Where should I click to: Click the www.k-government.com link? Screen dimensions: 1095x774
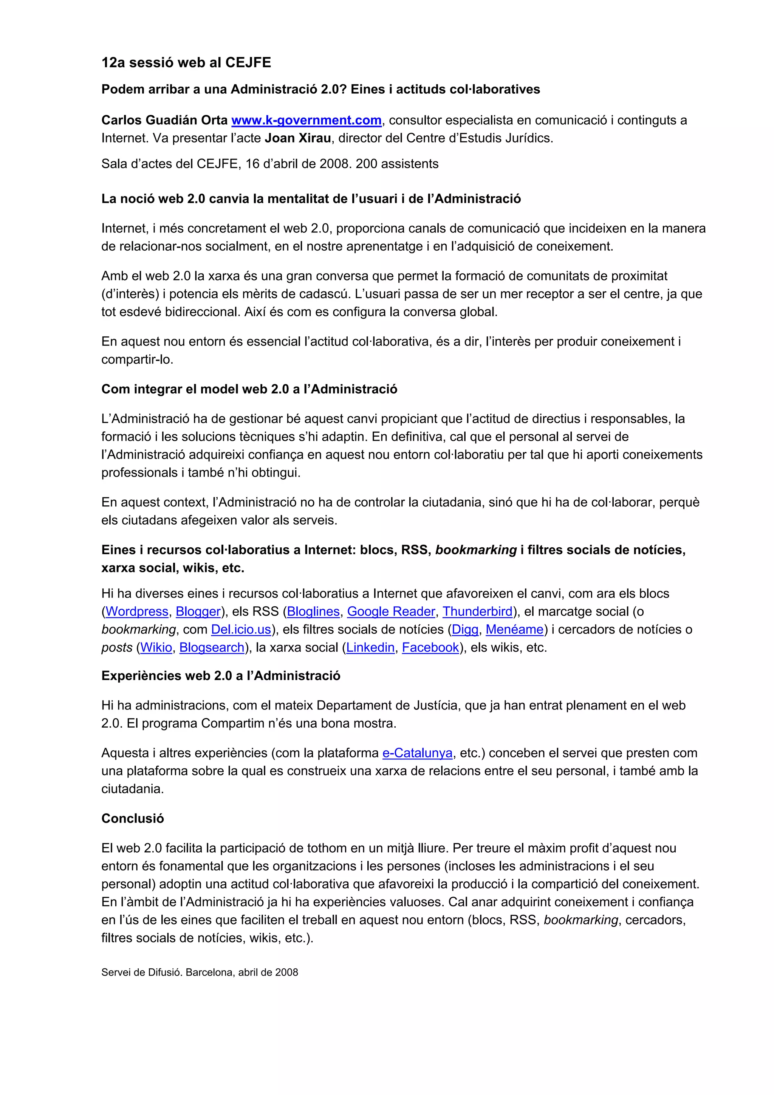306,120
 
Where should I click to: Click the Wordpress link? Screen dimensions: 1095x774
137,612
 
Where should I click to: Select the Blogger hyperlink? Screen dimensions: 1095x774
198,612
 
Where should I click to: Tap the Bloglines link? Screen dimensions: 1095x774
313,612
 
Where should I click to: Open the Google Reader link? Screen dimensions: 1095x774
391,612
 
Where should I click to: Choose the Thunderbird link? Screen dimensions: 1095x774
477,612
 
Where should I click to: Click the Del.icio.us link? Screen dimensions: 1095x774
241,630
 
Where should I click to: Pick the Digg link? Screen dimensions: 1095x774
465,630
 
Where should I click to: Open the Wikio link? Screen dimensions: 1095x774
156,647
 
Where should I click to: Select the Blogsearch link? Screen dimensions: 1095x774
212,647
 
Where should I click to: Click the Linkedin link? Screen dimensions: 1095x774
370,647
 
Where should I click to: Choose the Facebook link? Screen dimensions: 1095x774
430,647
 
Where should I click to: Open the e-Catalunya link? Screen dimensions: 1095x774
417,753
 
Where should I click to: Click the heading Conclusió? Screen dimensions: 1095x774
133,819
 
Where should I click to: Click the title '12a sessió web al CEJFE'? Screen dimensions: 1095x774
186,62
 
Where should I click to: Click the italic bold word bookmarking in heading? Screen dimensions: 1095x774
476,550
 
